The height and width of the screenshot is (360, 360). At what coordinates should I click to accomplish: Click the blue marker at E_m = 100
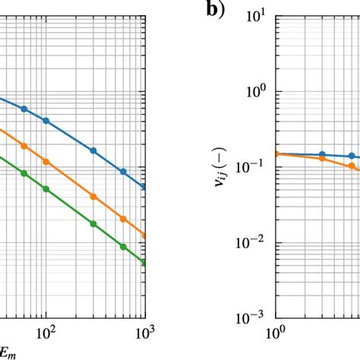[46, 121]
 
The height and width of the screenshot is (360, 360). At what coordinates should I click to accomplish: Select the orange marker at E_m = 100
[46, 162]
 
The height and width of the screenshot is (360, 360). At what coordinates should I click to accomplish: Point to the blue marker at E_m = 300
[93, 150]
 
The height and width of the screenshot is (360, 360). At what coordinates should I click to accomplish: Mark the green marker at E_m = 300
[93, 224]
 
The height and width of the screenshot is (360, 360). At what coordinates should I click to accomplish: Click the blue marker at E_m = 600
[123, 172]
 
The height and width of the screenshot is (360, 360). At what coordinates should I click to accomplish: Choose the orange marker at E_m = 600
[123, 218]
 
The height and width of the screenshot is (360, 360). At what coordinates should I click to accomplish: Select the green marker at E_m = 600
[123, 245]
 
